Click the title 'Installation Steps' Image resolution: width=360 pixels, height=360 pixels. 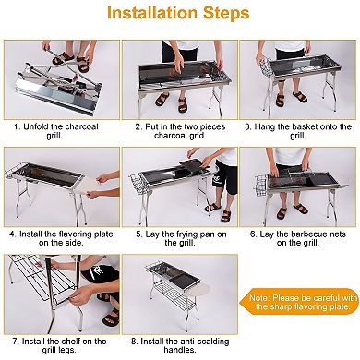coord(180,16)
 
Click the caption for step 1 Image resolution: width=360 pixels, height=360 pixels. coord(60,130)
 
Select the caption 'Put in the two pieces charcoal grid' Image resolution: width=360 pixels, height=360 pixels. coord(180,130)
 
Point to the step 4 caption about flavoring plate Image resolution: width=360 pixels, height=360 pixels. coord(60,238)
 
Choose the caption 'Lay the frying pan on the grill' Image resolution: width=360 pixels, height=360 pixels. coord(180,238)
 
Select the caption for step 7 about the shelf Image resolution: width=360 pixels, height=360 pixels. coord(60,346)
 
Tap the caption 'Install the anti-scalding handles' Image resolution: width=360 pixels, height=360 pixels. coord(180,346)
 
